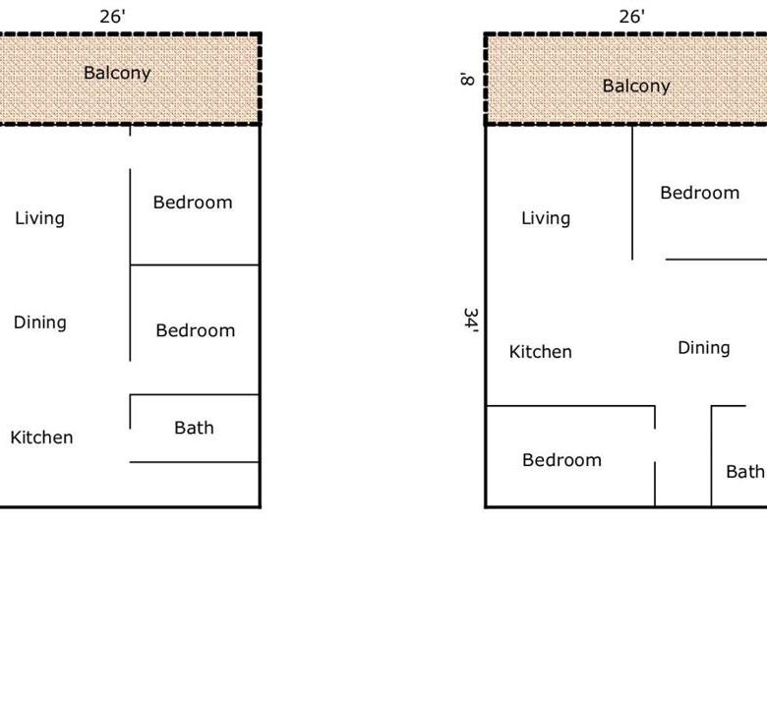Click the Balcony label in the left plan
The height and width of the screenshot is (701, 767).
pyautogui.click(x=117, y=73)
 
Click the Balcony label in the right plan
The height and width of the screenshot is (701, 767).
pyautogui.click(x=636, y=87)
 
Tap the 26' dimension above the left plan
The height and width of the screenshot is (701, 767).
pyautogui.click(x=112, y=17)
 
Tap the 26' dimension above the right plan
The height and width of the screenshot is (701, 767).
pyautogui.click(x=631, y=17)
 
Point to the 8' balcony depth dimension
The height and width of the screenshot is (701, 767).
pyautogui.click(x=467, y=79)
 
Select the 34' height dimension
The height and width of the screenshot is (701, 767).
pyautogui.click(x=471, y=320)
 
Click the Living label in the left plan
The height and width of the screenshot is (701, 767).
pyautogui.click(x=39, y=218)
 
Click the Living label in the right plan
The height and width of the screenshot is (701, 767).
pyautogui.click(x=546, y=218)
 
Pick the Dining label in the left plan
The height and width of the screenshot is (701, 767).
pyautogui.click(x=40, y=322)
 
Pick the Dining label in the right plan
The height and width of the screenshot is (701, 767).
pyautogui.click(x=704, y=348)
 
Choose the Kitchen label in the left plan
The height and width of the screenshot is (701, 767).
pyautogui.click(x=41, y=438)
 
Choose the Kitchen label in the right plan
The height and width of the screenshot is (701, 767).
pyautogui.click(x=541, y=352)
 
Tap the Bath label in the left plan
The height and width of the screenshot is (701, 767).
pyautogui.click(x=194, y=428)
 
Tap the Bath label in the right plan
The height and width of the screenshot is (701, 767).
pyautogui.click(x=745, y=472)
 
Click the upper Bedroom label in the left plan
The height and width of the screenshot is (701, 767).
pyautogui.click(x=193, y=203)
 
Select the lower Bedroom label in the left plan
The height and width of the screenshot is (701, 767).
pyautogui.click(x=196, y=330)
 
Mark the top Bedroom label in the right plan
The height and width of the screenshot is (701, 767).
pyautogui.click(x=700, y=193)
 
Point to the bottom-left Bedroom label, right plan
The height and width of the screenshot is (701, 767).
pyautogui.click(x=562, y=460)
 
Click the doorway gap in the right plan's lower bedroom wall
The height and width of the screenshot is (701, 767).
pyautogui.click(x=655, y=445)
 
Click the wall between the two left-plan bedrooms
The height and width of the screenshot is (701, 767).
pyautogui.click(x=195, y=265)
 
